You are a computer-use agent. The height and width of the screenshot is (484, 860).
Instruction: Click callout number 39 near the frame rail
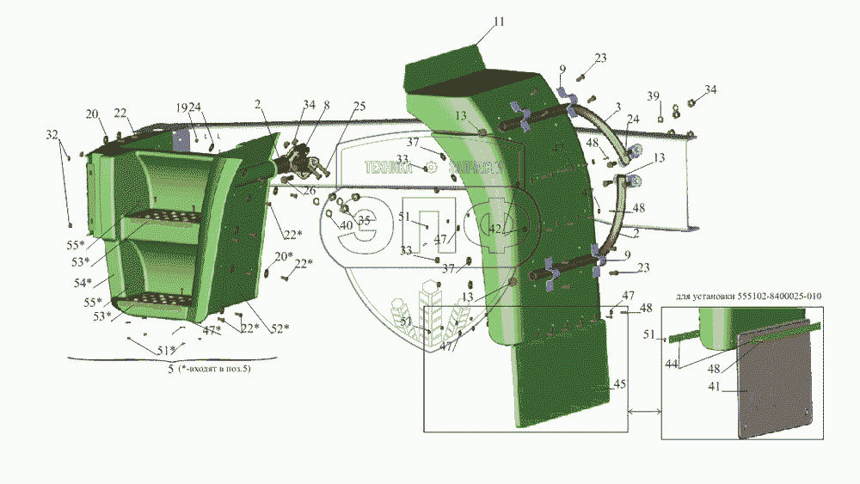point(654,95)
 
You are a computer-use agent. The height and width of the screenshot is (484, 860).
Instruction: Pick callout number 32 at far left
point(52,135)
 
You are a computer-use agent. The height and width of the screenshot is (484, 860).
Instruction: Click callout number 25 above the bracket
point(359,106)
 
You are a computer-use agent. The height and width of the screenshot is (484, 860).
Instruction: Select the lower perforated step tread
point(163,300)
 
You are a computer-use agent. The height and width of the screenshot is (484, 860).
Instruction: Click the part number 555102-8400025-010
point(779,297)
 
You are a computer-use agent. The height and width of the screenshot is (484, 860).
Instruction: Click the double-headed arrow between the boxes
point(644,414)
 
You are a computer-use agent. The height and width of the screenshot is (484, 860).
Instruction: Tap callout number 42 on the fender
point(496,230)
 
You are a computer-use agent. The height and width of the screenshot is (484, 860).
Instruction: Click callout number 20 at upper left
point(91,114)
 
